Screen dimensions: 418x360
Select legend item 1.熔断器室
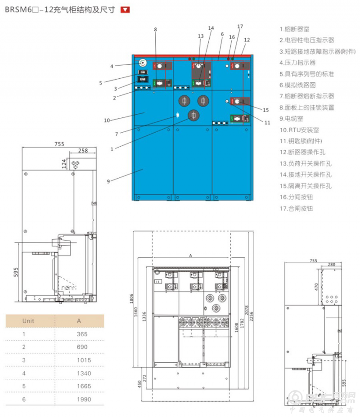coord(294,29)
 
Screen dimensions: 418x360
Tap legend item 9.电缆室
coord(292,119)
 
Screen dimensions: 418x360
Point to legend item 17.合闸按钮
coord(296,208)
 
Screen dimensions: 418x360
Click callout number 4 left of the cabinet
coord(112,67)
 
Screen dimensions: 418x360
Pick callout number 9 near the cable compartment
coord(108,181)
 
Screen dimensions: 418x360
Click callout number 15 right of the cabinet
coord(265,110)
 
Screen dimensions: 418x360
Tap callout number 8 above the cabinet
coord(155,30)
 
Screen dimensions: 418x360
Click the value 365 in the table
coord(82,334)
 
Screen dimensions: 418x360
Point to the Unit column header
coord(28,321)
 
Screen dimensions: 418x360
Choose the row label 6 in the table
coord(24,399)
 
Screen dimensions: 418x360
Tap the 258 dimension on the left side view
coord(83,150)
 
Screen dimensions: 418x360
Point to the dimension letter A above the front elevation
coord(191,255)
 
